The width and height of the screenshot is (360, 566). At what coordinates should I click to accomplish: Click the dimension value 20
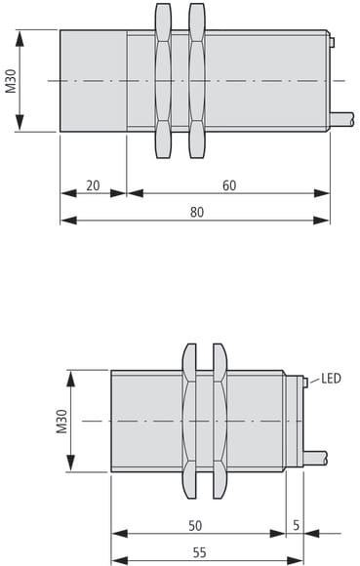pyautogui.click(x=93, y=185)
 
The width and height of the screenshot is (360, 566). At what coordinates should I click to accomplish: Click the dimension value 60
pyautogui.click(x=229, y=185)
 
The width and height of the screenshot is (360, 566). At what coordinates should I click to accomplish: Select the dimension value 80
pyautogui.click(x=197, y=213)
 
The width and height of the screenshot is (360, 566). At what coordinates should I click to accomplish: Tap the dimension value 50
pyautogui.click(x=195, y=526)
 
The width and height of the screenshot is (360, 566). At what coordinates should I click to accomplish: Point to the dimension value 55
pyautogui.click(x=199, y=552)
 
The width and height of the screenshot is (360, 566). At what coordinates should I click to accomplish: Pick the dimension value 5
pyautogui.click(x=297, y=526)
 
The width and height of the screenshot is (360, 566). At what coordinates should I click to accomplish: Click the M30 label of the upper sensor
pyautogui.click(x=11, y=81)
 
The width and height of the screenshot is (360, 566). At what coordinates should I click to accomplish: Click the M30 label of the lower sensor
pyautogui.click(x=62, y=421)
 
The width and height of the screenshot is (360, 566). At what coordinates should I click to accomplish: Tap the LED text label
pyautogui.click(x=331, y=379)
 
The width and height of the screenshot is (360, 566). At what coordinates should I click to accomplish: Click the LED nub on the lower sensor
pyautogui.click(x=305, y=383)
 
